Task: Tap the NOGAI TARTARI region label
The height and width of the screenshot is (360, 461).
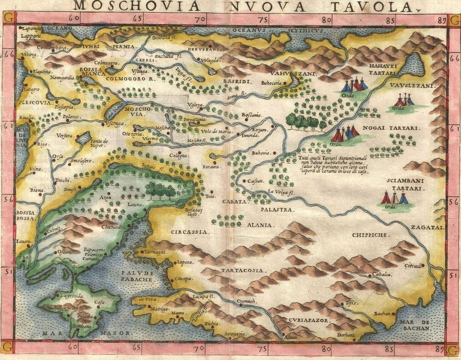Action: pyautogui.click(x=393, y=128)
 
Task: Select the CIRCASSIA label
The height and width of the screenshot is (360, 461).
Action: pyautogui.click(x=190, y=232)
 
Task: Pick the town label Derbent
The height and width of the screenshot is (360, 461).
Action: pyautogui.click(x=346, y=336)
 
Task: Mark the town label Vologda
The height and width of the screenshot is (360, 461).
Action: pyautogui.click(x=210, y=60)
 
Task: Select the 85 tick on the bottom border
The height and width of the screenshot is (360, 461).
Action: pyautogui.click(x=389, y=348)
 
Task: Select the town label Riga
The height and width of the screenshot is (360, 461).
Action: pyautogui.click(x=43, y=144)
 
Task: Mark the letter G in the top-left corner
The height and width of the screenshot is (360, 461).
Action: pyautogui.click(x=8, y=18)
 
